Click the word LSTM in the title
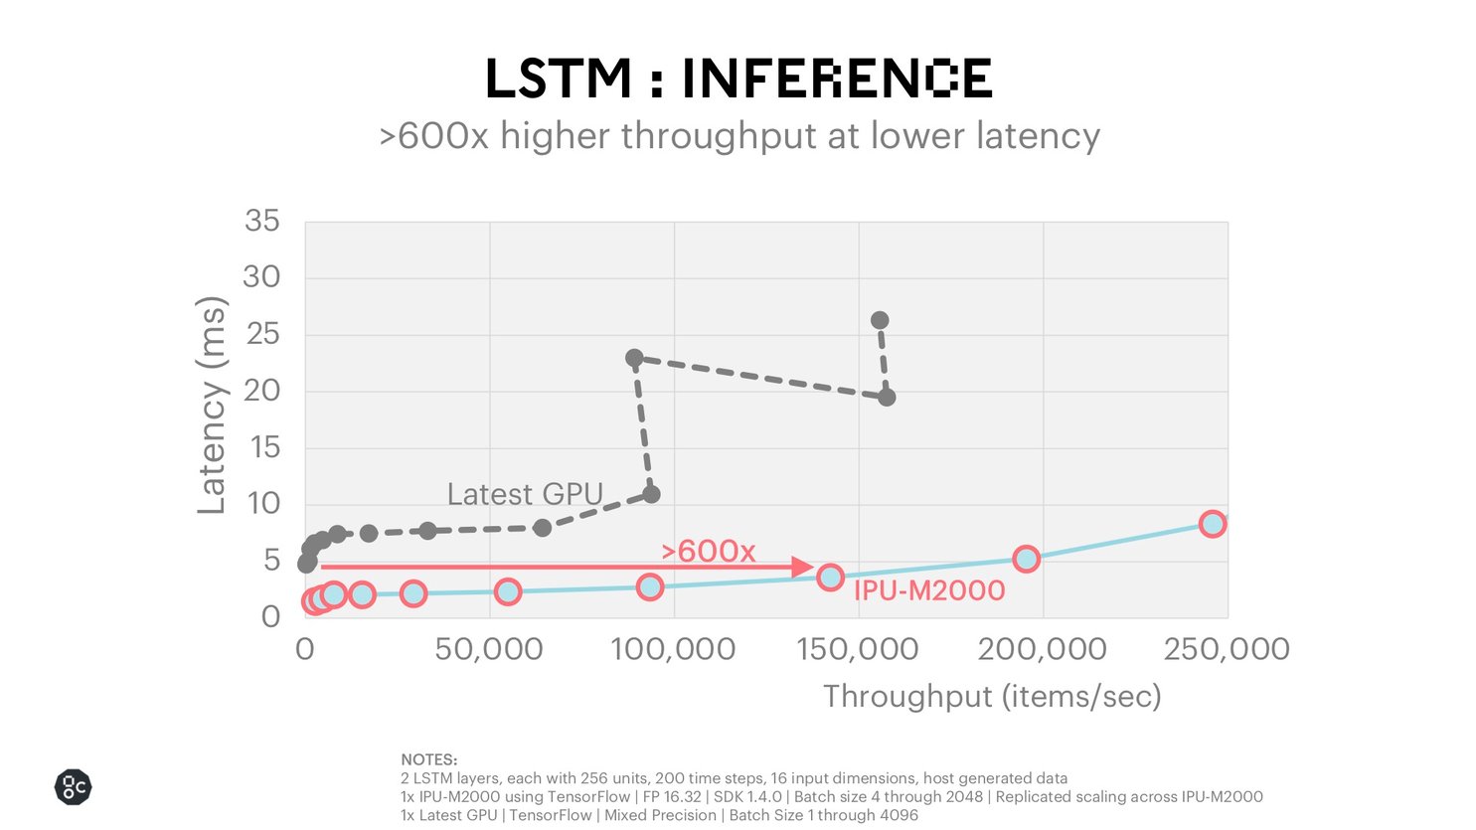tap(558, 80)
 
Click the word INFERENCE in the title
tap(836, 80)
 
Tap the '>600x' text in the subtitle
tap(433, 136)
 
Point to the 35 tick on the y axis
tap(262, 221)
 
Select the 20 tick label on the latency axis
tap(262, 391)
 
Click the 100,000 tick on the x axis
tap(673, 649)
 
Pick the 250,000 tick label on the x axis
tap(1227, 649)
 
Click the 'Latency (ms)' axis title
tap(212, 406)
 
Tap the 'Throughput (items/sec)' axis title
tap(992, 696)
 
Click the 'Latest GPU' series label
tap(525, 494)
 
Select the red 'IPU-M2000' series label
tap(929, 590)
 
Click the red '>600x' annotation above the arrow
tap(709, 551)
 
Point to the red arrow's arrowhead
tap(803, 568)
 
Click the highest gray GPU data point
tap(880, 320)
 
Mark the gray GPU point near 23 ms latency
tap(634, 358)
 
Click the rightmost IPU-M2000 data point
tap(1212, 524)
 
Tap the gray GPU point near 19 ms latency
tap(887, 398)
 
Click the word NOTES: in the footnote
tap(428, 759)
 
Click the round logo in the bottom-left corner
tap(73, 787)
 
